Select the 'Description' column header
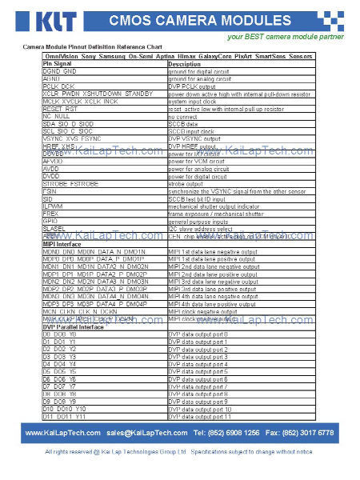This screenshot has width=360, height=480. pos(185,64)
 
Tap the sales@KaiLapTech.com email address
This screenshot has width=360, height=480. pos(147,433)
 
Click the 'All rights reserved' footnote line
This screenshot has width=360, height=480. pos(179,453)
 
